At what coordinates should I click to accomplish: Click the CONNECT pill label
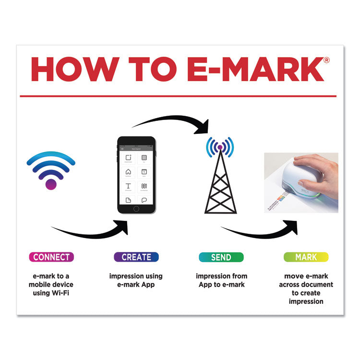pyautogui.click(x=51, y=257)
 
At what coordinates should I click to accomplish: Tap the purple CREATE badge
pyautogui.click(x=136, y=257)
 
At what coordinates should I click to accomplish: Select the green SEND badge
pyautogui.click(x=221, y=257)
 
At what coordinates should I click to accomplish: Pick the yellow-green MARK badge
pyautogui.click(x=306, y=257)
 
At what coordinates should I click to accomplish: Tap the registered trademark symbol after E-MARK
pyautogui.click(x=326, y=60)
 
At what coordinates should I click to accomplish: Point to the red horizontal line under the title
pyautogui.click(x=180, y=96)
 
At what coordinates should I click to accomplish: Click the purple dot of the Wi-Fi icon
pyautogui.click(x=51, y=183)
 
